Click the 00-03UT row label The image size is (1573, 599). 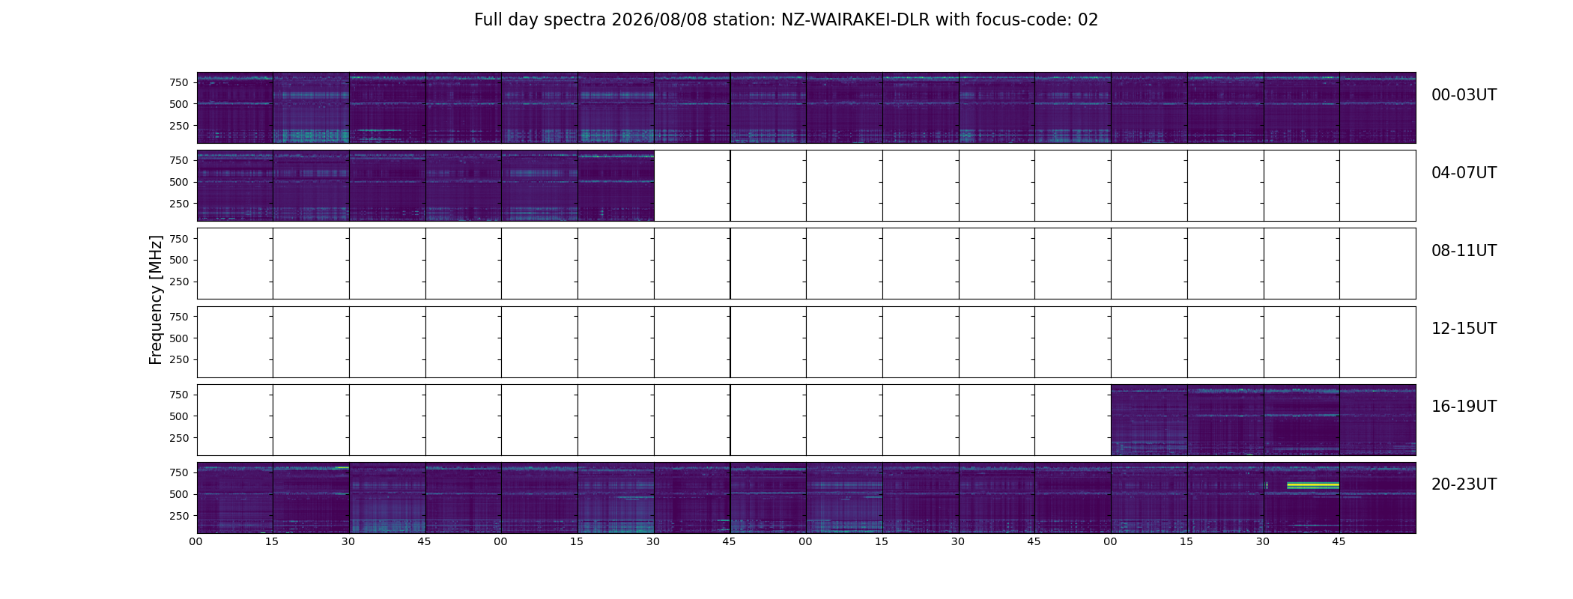coord(1464,95)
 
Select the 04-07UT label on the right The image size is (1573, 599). coord(1464,173)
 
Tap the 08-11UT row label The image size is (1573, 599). coord(1464,251)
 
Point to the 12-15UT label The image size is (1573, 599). coord(1464,329)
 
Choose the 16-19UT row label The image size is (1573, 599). coord(1464,407)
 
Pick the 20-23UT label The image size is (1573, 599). coord(1464,484)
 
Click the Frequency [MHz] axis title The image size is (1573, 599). coord(156,299)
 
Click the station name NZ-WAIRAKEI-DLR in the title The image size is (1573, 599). coord(855,20)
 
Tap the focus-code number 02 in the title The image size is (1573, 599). coord(1088,20)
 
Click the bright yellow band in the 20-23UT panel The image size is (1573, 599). coord(1313,486)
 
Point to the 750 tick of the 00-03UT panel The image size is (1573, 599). coord(178,82)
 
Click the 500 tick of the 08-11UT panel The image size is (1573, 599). coord(178,260)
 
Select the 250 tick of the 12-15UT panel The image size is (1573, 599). coord(178,360)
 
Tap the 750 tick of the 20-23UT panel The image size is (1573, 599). coord(178,472)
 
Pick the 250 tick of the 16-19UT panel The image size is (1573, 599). coord(178,438)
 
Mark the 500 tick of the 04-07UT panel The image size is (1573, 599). coord(178,182)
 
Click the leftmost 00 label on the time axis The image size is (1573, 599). coord(196,542)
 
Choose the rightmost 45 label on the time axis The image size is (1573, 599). coord(1339,542)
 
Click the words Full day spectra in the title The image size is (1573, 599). coord(540,20)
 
